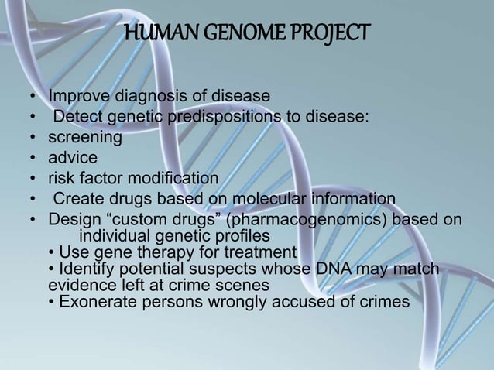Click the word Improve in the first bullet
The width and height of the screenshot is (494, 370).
[x=77, y=97]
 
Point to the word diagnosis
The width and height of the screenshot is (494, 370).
[x=146, y=97]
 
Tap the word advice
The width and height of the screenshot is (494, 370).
[x=73, y=158]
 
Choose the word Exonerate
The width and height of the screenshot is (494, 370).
[x=94, y=301]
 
